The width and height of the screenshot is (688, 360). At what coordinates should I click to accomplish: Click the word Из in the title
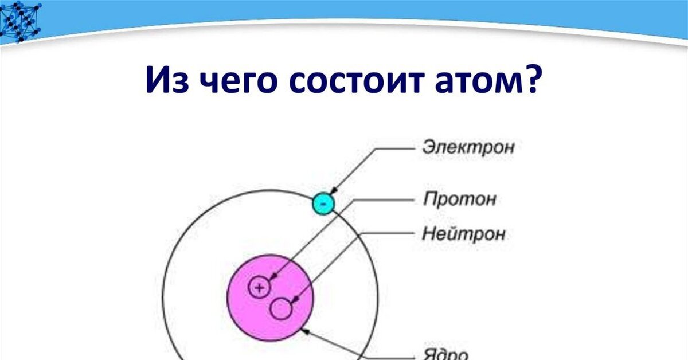tap(167, 79)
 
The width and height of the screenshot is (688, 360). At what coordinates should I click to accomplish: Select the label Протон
tap(460, 199)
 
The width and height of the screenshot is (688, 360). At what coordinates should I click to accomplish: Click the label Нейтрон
tap(464, 234)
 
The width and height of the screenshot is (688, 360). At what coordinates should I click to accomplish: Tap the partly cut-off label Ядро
tap(445, 355)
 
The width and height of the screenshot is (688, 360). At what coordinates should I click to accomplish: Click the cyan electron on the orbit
tap(323, 204)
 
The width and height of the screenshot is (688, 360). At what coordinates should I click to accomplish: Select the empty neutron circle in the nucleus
tap(281, 309)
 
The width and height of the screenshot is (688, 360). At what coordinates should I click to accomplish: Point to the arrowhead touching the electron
tap(334, 191)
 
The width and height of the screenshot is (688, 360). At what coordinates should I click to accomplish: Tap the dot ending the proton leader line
tap(274, 276)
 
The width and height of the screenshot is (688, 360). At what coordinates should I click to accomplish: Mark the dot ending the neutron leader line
tap(296, 298)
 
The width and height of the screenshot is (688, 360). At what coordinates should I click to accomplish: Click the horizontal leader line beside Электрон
tap(394, 148)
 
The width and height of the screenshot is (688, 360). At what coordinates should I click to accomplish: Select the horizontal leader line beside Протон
tap(384, 200)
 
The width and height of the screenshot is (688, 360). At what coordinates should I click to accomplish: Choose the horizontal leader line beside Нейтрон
tap(387, 233)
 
